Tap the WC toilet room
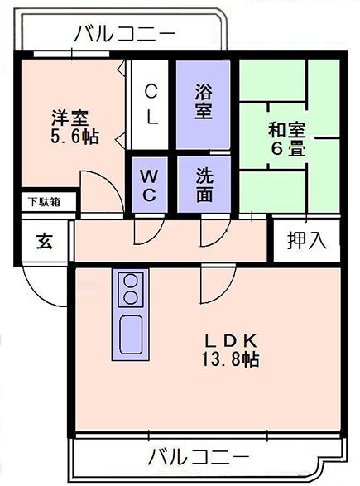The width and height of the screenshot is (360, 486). tap(150, 185)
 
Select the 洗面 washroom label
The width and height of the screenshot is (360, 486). tap(204, 185)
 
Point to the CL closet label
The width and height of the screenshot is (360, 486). tap(151, 104)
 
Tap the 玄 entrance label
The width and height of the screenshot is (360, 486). tap(45, 241)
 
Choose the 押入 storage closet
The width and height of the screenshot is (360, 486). tap(307, 240)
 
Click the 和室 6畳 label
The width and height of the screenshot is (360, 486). tap(287, 139)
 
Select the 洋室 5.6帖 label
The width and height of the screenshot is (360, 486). tap(74, 127)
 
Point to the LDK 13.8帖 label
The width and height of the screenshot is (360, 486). tap(231, 350)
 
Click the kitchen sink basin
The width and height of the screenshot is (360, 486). tap(131, 334)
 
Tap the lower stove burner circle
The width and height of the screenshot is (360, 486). tap(131, 297)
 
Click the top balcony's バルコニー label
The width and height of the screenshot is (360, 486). tap(124, 33)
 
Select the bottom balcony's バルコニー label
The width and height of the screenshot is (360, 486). tap(199, 456)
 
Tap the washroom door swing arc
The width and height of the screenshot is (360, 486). tap(222, 237)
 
